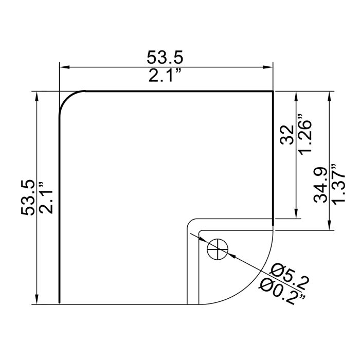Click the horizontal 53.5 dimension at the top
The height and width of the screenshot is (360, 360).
pos(165,57)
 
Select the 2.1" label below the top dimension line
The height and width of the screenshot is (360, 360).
pos(165,75)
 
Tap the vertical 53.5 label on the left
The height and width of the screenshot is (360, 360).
pos(28,197)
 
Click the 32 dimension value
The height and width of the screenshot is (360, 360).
pos(287,135)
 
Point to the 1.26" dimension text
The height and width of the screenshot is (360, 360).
pos(304,134)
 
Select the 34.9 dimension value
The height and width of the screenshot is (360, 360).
pos(320,185)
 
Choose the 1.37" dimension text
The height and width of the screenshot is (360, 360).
pos(338,184)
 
